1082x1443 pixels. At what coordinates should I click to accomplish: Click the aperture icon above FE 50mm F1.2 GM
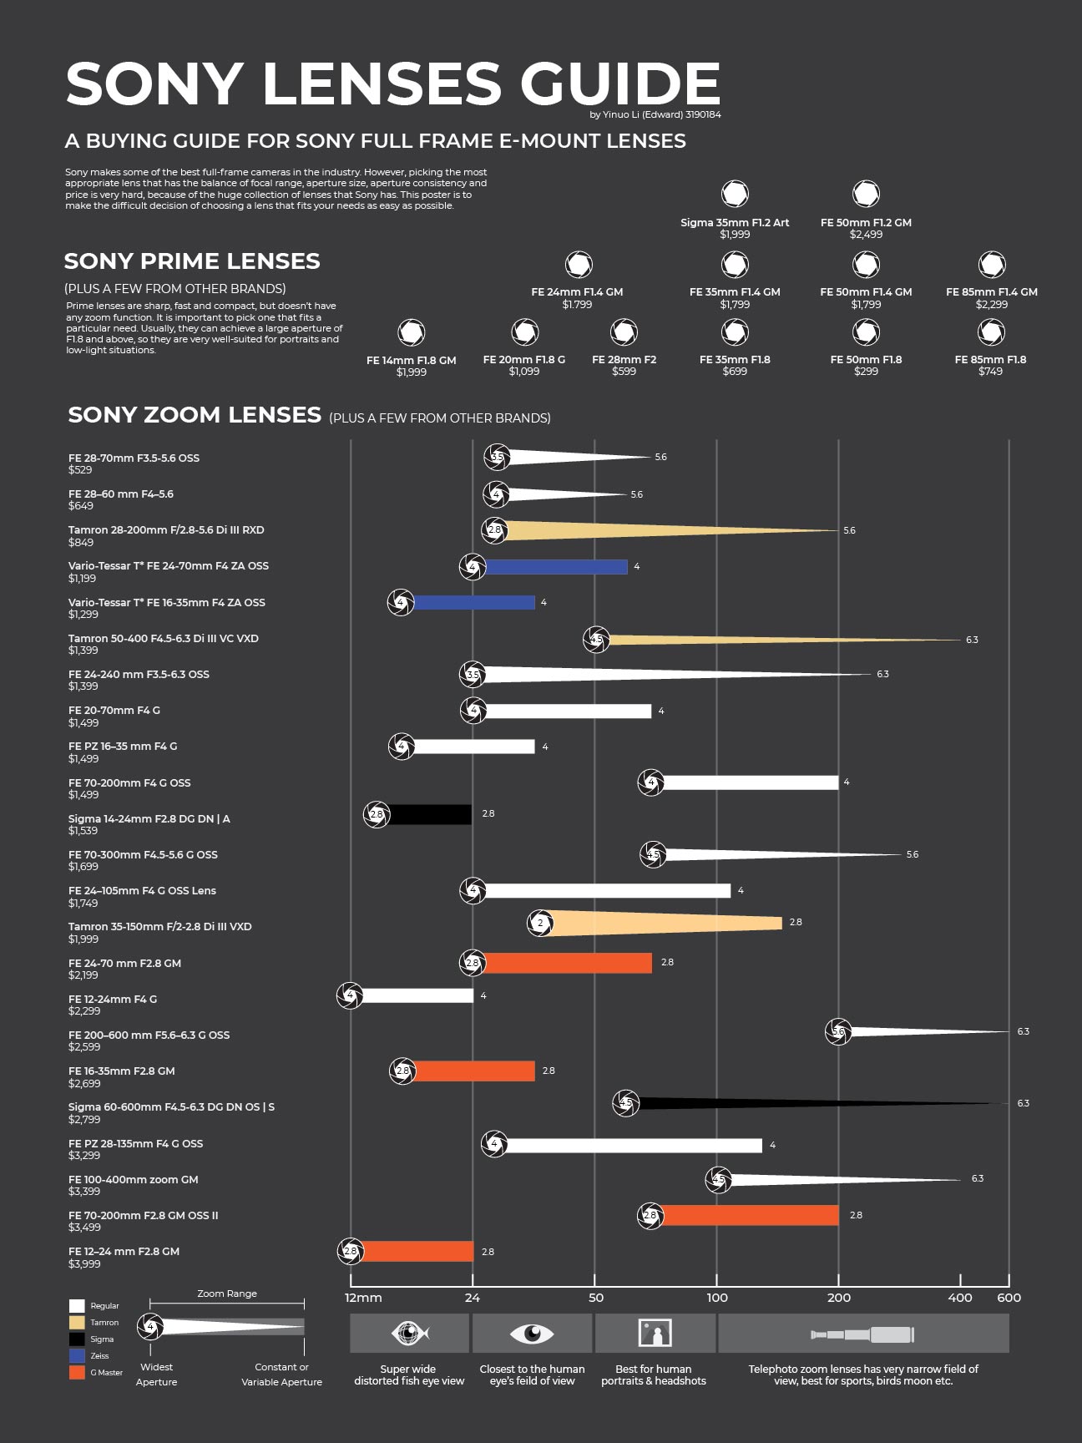coord(866,194)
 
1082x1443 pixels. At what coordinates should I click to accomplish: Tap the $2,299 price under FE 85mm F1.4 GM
coord(991,305)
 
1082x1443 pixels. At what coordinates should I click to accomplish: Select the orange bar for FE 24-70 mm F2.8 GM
coord(568,963)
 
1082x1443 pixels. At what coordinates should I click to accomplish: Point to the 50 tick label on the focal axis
coord(595,1298)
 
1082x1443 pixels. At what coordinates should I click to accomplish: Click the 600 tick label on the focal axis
coord(1009,1298)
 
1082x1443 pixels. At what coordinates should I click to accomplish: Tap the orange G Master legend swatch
coord(77,1372)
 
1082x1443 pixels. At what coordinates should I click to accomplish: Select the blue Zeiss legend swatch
coord(77,1355)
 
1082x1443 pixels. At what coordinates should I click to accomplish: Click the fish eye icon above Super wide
coord(409,1334)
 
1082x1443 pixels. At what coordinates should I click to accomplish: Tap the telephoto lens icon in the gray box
coord(862,1334)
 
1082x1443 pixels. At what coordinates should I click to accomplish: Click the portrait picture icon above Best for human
coord(655,1334)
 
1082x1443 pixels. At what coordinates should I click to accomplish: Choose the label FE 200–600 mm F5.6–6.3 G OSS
coord(149,1035)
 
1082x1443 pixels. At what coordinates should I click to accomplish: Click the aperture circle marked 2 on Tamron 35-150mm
coord(540,923)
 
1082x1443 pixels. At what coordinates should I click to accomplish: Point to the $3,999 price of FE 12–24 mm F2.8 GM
coord(84,1264)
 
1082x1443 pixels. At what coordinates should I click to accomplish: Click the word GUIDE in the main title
coord(619,84)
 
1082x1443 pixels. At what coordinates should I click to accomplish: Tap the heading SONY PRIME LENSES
coord(192,261)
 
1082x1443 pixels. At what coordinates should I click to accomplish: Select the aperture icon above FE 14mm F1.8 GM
coord(411,332)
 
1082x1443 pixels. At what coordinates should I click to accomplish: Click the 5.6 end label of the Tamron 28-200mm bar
coord(849,530)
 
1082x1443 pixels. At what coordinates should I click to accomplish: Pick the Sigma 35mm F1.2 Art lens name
coord(734,223)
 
